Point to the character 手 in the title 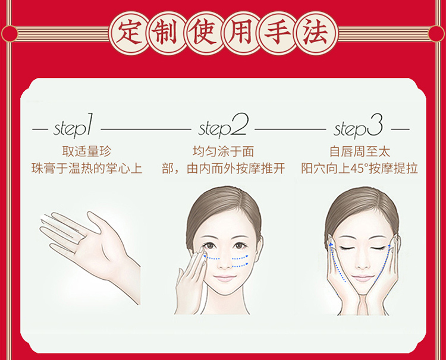[278, 33]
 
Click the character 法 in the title [315, 33]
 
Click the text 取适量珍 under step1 [86, 151]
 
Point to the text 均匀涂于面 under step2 [223, 151]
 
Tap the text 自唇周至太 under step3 [360, 151]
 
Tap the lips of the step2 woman [225, 278]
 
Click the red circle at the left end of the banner [10, 33]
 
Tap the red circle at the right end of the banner [436, 33]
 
